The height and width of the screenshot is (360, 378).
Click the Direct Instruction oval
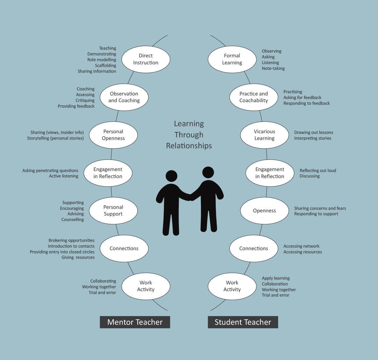[146, 59]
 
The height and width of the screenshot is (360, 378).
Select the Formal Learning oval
[232, 59]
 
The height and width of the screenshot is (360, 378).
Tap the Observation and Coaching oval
[124, 97]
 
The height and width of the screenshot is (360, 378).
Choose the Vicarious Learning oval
[264, 135]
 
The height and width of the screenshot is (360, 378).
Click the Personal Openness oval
[113, 135]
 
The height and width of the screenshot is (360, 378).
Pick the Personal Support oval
[113, 210]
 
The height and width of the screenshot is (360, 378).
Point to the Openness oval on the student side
[264, 210]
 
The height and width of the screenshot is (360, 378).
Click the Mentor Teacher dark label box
[135, 322]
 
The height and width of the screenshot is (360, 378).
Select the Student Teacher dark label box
[243, 322]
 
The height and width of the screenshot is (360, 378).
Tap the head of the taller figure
[208, 172]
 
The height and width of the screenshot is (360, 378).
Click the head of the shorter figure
[171, 176]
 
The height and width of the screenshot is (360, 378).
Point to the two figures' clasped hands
[191, 197]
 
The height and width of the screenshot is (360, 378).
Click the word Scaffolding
[105, 66]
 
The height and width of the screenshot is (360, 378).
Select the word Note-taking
[273, 69]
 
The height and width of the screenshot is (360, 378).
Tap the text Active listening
[63, 176]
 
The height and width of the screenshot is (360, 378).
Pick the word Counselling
[73, 220]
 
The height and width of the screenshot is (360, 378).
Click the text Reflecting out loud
[318, 171]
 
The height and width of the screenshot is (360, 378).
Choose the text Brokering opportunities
[71, 241]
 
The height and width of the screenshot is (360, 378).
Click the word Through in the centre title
[189, 135]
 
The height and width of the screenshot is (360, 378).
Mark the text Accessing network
[301, 246]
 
